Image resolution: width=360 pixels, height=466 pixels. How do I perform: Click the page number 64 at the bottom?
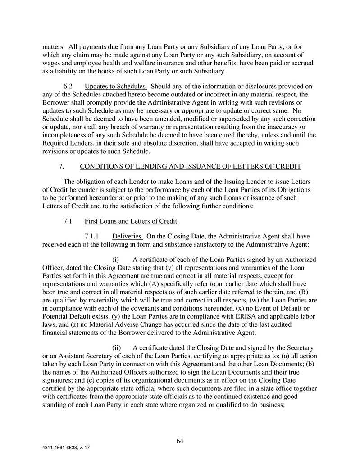click(x=180, y=441)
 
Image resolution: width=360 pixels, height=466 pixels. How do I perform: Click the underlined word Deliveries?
click(x=128, y=236)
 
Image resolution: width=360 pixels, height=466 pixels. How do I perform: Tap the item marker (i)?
click(x=115, y=260)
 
